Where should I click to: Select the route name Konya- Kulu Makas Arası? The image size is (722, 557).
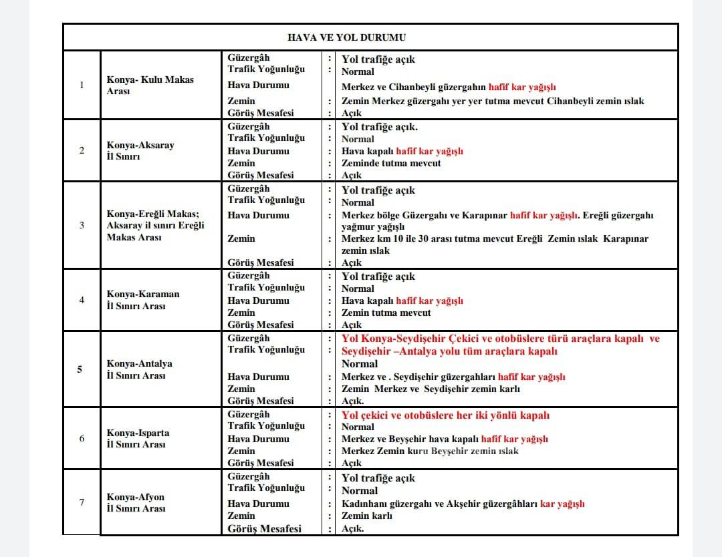click(x=150, y=85)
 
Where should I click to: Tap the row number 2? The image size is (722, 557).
click(x=82, y=150)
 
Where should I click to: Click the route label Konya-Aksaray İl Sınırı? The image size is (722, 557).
click(x=140, y=150)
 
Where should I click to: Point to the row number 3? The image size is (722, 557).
click(x=82, y=225)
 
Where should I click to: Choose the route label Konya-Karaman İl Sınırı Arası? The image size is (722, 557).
click(x=142, y=300)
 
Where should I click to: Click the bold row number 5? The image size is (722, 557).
click(x=80, y=369)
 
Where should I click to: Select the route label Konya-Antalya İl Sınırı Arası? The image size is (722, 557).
click(x=139, y=369)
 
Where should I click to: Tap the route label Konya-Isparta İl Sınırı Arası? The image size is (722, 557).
click(x=138, y=438)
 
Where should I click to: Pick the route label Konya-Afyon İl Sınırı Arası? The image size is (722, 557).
click(x=136, y=503)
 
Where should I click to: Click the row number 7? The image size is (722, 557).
click(x=82, y=502)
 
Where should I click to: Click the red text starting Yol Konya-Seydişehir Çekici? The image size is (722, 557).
click(x=500, y=345)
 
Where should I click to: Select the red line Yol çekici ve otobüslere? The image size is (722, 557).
click(x=445, y=415)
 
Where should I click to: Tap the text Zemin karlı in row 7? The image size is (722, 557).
click(x=366, y=516)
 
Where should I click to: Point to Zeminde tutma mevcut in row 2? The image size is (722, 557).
click(x=391, y=163)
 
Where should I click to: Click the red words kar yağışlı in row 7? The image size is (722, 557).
click(x=562, y=504)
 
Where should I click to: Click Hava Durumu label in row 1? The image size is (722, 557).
click(x=258, y=85)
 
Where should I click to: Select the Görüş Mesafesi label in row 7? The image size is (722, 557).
click(x=264, y=528)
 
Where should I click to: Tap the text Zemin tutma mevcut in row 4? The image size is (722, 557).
click(x=386, y=313)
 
